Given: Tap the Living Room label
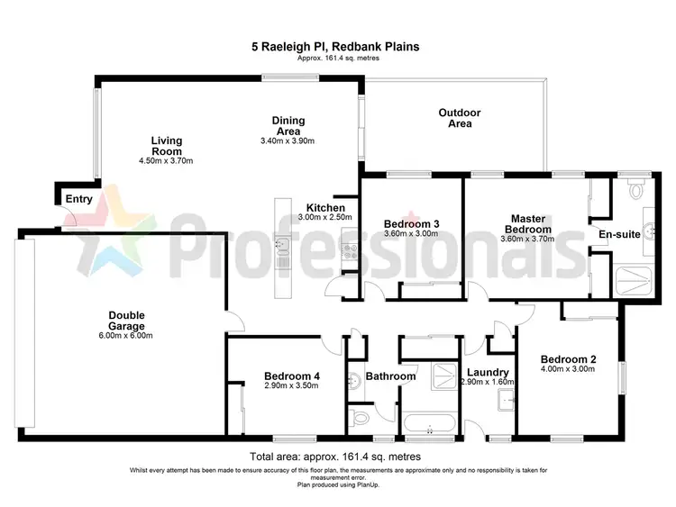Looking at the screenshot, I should click(167, 146).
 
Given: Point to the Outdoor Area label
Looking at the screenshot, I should click(460, 118).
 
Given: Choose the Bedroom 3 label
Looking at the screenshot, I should click(412, 223).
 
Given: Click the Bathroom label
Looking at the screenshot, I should click(391, 376).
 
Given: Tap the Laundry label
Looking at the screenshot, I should click(489, 372).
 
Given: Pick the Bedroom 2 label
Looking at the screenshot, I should click(567, 358).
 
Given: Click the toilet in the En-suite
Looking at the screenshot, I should click(636, 187).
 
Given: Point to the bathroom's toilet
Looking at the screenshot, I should click(359, 417).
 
